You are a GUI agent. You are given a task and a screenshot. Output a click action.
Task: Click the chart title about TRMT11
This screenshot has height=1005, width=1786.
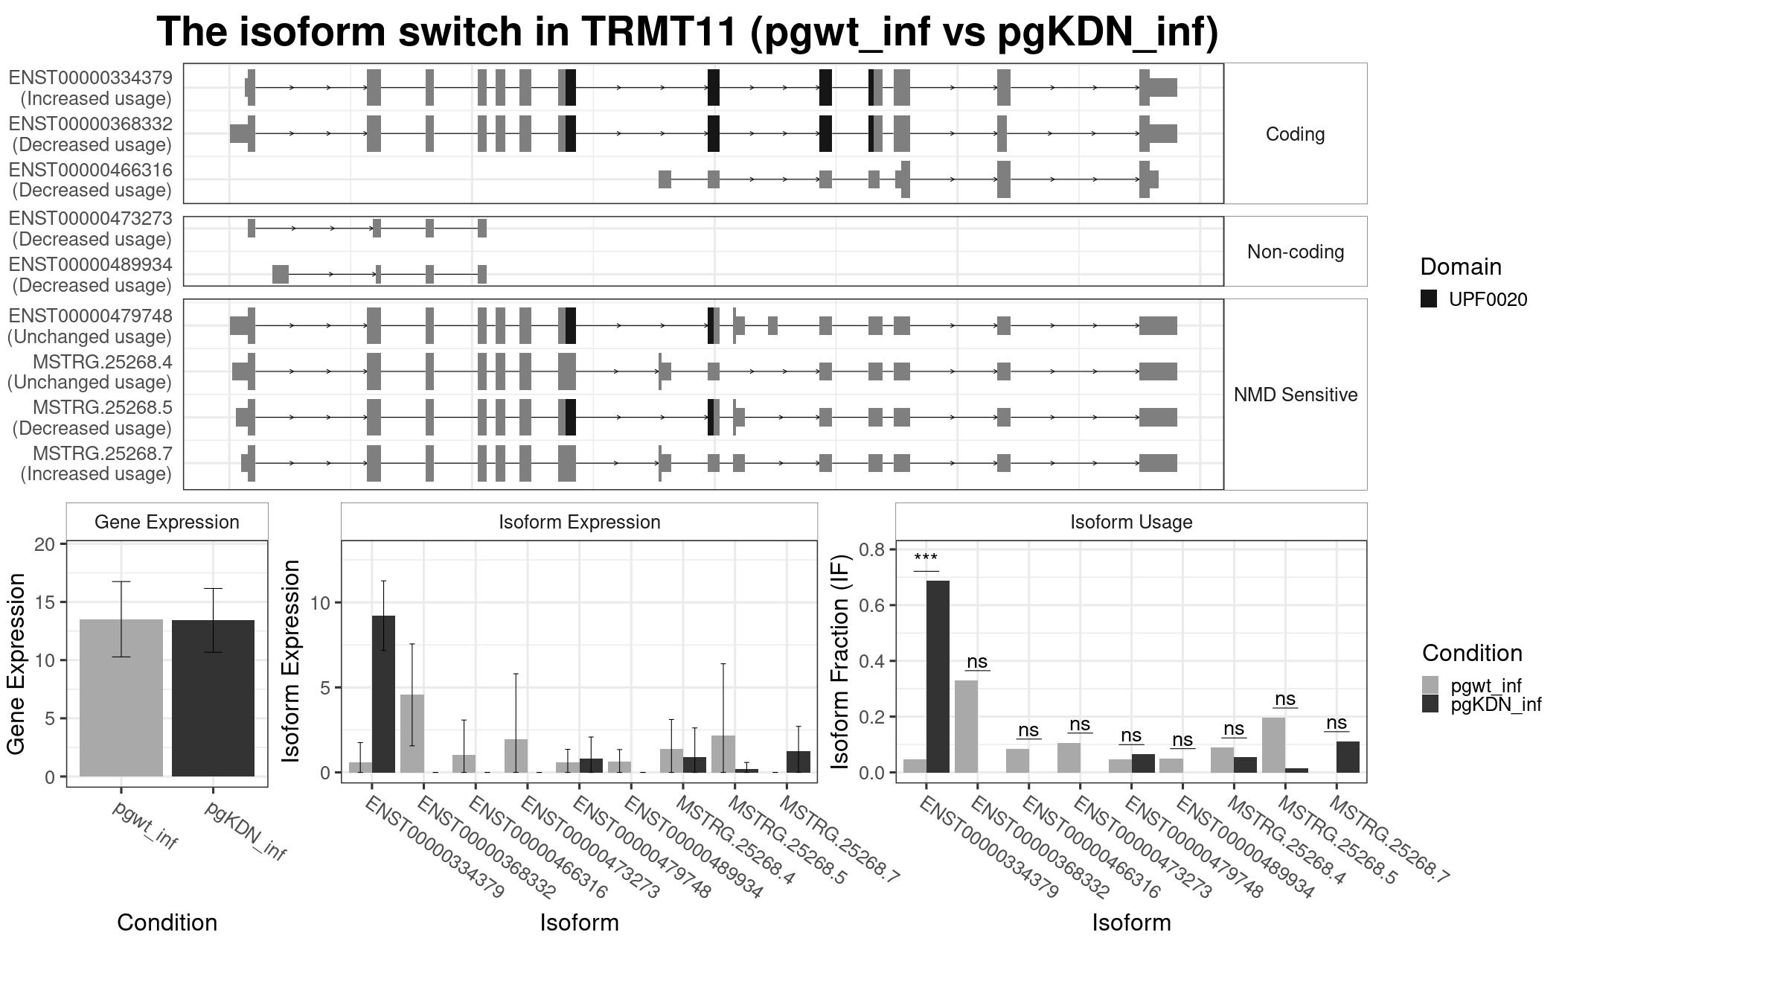687,32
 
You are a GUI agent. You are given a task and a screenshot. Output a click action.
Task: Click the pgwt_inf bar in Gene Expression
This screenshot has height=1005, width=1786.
121,698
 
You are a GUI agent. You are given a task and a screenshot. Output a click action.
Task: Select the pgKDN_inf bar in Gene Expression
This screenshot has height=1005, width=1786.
213,698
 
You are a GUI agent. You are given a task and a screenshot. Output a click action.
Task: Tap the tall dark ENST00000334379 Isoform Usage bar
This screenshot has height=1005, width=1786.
938,677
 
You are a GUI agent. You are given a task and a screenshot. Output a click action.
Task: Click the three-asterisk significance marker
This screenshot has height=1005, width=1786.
926,558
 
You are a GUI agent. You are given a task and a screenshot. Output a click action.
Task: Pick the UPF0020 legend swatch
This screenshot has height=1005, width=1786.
1429,299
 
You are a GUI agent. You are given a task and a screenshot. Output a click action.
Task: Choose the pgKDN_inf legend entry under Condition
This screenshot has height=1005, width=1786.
1496,704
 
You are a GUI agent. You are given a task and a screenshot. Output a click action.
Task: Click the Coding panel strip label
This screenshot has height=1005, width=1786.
1295,134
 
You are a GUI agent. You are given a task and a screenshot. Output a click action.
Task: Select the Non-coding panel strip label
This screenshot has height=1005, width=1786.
1296,252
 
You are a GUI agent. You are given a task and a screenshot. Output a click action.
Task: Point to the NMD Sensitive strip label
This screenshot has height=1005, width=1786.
1296,395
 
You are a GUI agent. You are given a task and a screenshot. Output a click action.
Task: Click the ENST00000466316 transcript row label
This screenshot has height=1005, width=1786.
91,170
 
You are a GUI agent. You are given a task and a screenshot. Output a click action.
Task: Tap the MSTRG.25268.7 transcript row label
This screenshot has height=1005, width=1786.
103,453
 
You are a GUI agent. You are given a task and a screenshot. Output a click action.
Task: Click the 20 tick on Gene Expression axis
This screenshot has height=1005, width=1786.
45,544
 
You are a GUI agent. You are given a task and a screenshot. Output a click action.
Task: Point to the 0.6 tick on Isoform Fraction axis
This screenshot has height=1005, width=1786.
872,605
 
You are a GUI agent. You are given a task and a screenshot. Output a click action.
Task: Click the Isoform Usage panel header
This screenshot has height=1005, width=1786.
1131,522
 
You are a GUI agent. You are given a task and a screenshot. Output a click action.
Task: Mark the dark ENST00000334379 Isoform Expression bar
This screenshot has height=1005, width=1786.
383,694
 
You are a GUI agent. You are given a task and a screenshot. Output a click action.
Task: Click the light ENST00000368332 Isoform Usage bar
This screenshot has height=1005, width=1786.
967,727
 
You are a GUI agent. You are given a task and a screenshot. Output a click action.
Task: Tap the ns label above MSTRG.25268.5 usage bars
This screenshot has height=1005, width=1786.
1285,699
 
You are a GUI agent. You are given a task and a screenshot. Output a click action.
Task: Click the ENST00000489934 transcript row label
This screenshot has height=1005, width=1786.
91,264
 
